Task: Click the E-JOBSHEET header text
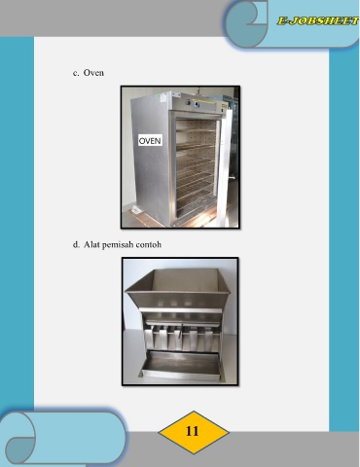point(318,21)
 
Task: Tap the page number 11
point(193,431)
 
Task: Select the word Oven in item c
point(93,73)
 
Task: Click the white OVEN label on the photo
point(150,140)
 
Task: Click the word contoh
point(149,244)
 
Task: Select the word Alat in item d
point(91,244)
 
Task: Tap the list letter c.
point(76,73)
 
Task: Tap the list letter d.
point(76,244)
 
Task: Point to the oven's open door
point(225,167)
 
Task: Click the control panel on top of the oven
point(197,103)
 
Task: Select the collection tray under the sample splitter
point(180,364)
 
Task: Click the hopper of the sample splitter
point(178,289)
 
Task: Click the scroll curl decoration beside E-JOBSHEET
point(246,22)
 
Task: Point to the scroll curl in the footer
point(20,438)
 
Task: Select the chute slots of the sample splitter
point(182,338)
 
